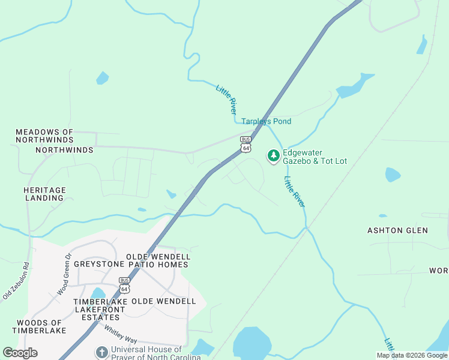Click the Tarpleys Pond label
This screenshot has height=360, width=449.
(266, 122)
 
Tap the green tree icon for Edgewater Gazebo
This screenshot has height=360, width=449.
(274, 156)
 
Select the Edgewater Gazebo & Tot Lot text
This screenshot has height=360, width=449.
(315, 157)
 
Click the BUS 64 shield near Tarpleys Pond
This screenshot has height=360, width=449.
(246, 144)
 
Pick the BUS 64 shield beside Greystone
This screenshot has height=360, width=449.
(124, 284)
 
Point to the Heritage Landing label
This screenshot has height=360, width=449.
(44, 194)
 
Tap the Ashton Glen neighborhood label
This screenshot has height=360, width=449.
(397, 230)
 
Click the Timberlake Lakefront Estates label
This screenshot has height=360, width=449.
(100, 305)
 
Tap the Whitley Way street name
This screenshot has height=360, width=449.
(121, 334)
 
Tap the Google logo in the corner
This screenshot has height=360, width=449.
(20, 353)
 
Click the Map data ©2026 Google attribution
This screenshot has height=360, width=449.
(412, 356)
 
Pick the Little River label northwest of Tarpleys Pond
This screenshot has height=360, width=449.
(226, 100)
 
